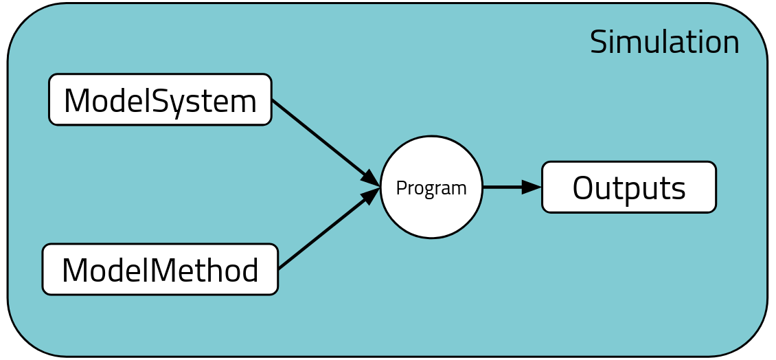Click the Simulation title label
pos(665,43)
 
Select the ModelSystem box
pos(160,100)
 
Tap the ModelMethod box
pos(160,269)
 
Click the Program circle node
pos(431,187)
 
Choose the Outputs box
pos(628,187)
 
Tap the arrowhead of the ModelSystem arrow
pos(371,178)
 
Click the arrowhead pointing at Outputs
pos(532,187)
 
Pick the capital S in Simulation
pos(599,43)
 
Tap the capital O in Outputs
pos(584,188)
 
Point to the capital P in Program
pos(401,188)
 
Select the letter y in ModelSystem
pos(181,104)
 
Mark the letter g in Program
pos(429,190)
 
